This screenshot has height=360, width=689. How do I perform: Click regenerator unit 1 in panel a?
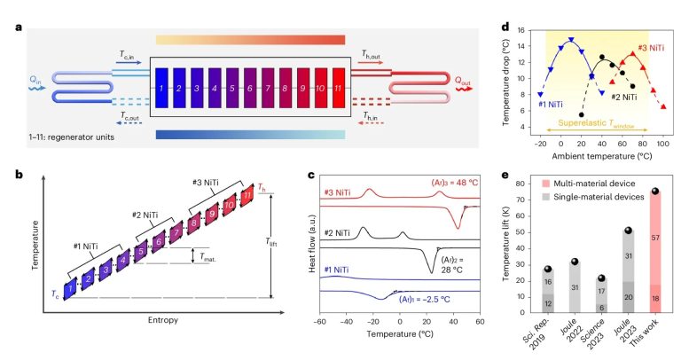pos(163,89)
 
